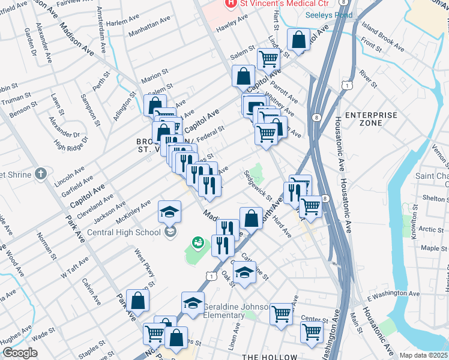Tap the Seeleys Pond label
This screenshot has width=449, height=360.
(x=330, y=15)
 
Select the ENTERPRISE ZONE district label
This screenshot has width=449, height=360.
(x=372, y=118)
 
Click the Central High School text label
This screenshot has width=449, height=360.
(x=124, y=232)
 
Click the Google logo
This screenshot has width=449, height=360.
(x=20, y=352)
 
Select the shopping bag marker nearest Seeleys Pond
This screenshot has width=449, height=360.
(x=298, y=40)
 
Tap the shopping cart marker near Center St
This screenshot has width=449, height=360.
(x=281, y=313)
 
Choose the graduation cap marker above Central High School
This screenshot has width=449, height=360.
(x=169, y=211)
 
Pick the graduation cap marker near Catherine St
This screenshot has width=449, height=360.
(x=244, y=272)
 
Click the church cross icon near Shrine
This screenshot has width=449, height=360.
(x=40, y=175)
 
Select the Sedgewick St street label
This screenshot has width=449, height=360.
(x=258, y=185)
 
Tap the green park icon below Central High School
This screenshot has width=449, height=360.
(x=197, y=243)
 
